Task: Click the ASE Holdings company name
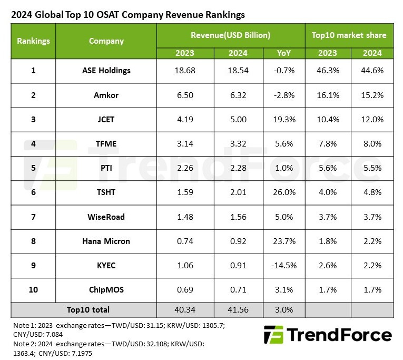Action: click(x=106, y=70)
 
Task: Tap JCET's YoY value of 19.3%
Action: click(x=284, y=120)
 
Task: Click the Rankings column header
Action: click(x=33, y=41)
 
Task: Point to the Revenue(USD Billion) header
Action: click(x=230, y=35)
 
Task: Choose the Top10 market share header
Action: click(x=349, y=35)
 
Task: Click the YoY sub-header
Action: click(x=284, y=53)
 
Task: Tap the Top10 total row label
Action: click(x=88, y=309)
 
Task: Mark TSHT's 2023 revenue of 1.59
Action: click(x=182, y=191)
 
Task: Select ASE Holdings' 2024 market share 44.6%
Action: click(x=372, y=70)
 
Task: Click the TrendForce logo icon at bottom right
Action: click(x=273, y=335)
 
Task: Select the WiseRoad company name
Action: click(x=106, y=216)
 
